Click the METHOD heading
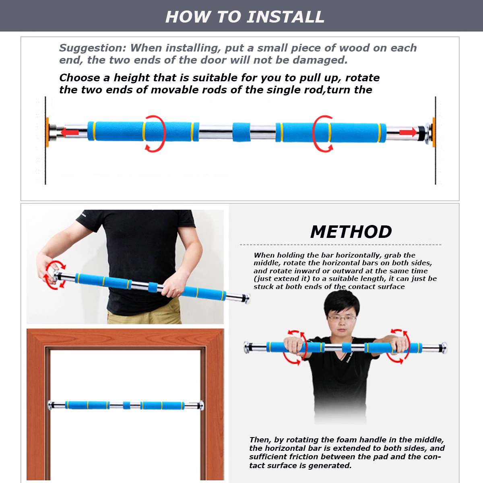[351, 232]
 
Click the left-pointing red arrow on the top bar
[69, 132]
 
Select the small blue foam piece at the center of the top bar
[241, 132]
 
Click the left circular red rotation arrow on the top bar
[155, 133]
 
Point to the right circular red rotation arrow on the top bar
[323, 133]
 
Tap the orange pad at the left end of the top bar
[47, 132]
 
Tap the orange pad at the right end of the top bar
[433, 132]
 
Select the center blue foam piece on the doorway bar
[126, 405]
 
